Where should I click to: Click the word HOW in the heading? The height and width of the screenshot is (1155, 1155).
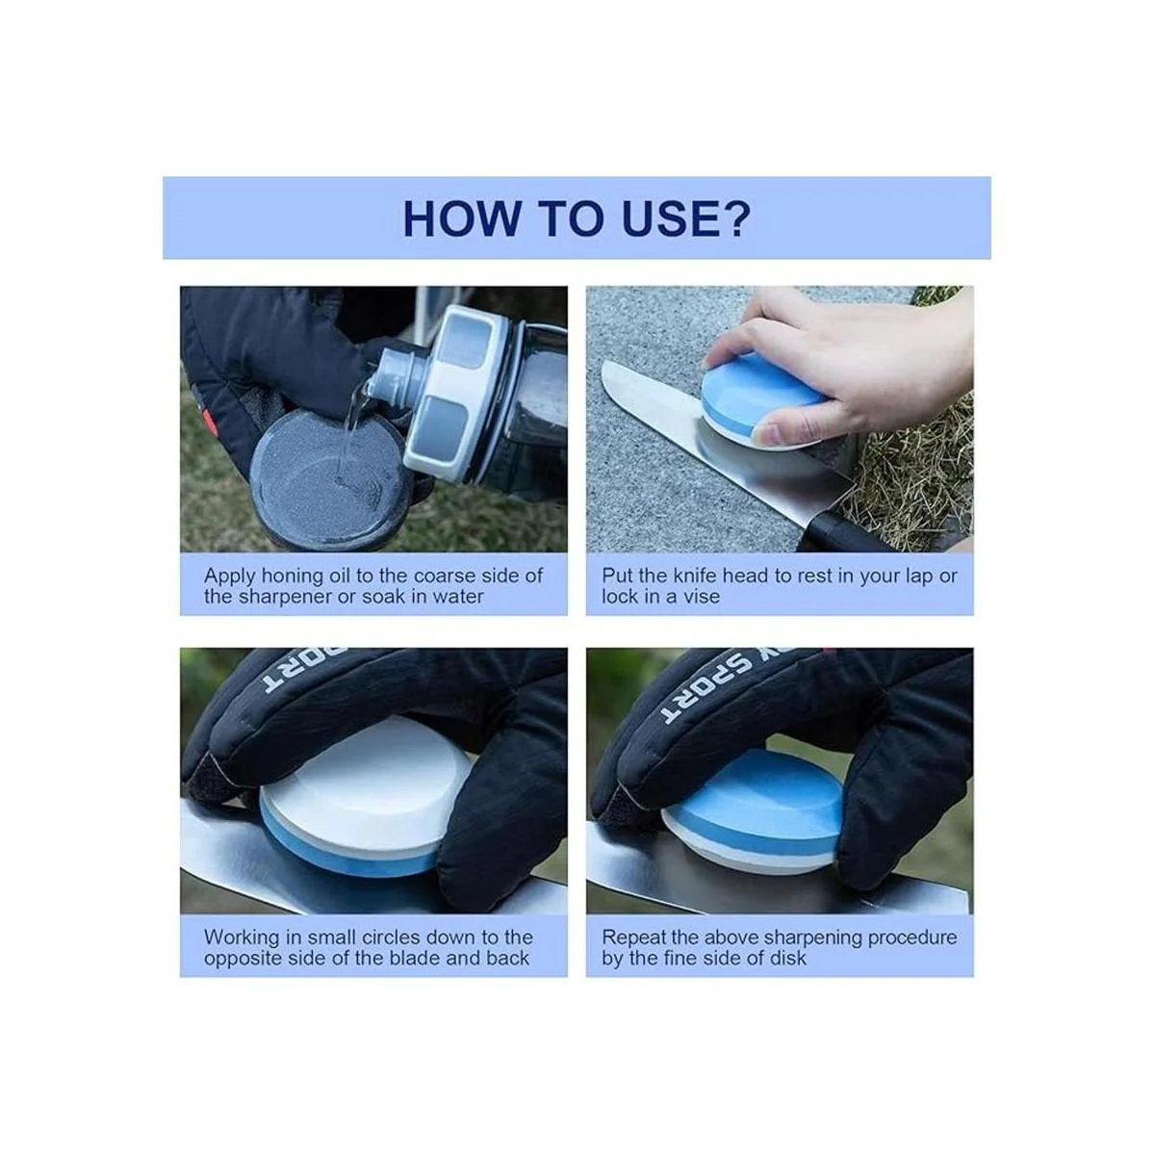(x=461, y=218)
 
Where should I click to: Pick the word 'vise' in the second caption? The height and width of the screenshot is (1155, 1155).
(x=702, y=597)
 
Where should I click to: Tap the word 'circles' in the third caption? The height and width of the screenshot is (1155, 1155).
(x=395, y=937)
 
